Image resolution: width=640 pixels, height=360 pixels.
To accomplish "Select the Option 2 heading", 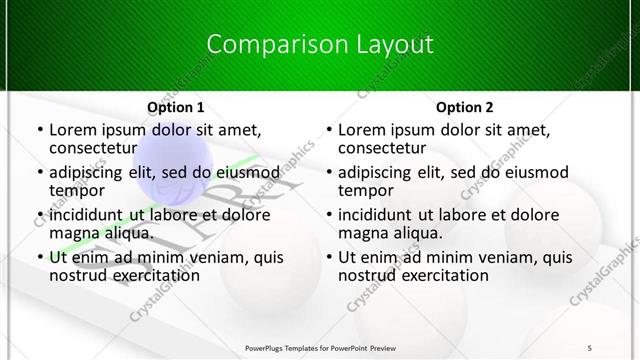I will (x=464, y=107).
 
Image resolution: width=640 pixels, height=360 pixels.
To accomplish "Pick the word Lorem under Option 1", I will (x=73, y=130).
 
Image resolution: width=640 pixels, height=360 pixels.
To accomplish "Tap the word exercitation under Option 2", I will (x=443, y=275).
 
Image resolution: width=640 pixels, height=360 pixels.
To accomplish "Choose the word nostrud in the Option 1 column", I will (x=77, y=275).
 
